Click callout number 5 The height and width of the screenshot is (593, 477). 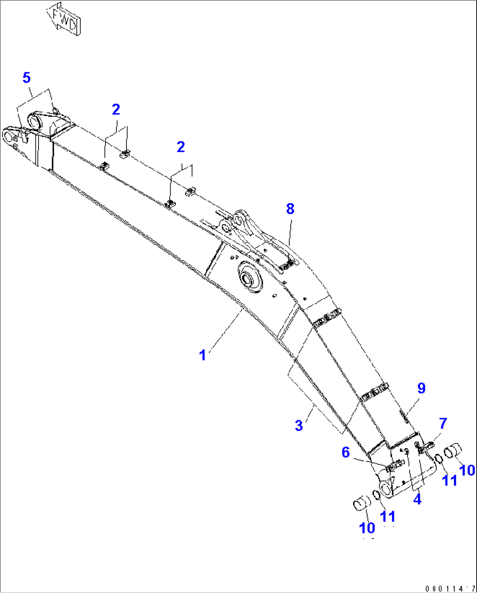coord(27,78)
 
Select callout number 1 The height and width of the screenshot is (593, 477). coord(202,355)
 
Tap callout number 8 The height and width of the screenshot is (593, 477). coord(290,209)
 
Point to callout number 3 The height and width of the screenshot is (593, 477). coord(299,425)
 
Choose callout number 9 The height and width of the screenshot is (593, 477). coord(421,388)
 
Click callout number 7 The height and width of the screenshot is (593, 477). coord(443,423)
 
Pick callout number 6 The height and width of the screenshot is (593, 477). coord(346,452)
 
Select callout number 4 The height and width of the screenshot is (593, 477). coord(417,498)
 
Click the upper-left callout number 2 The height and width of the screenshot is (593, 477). coord(116,109)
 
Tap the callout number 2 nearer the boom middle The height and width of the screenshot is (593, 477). coord(181,147)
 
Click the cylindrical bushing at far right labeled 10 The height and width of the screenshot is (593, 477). coord(453,450)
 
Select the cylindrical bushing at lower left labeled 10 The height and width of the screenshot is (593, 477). coord(361,502)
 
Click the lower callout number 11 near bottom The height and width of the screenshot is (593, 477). coord(388,516)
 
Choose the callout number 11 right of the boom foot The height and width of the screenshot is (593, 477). coord(449,480)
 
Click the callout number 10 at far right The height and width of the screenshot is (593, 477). coord(467,470)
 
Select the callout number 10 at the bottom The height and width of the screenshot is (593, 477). coord(367,528)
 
